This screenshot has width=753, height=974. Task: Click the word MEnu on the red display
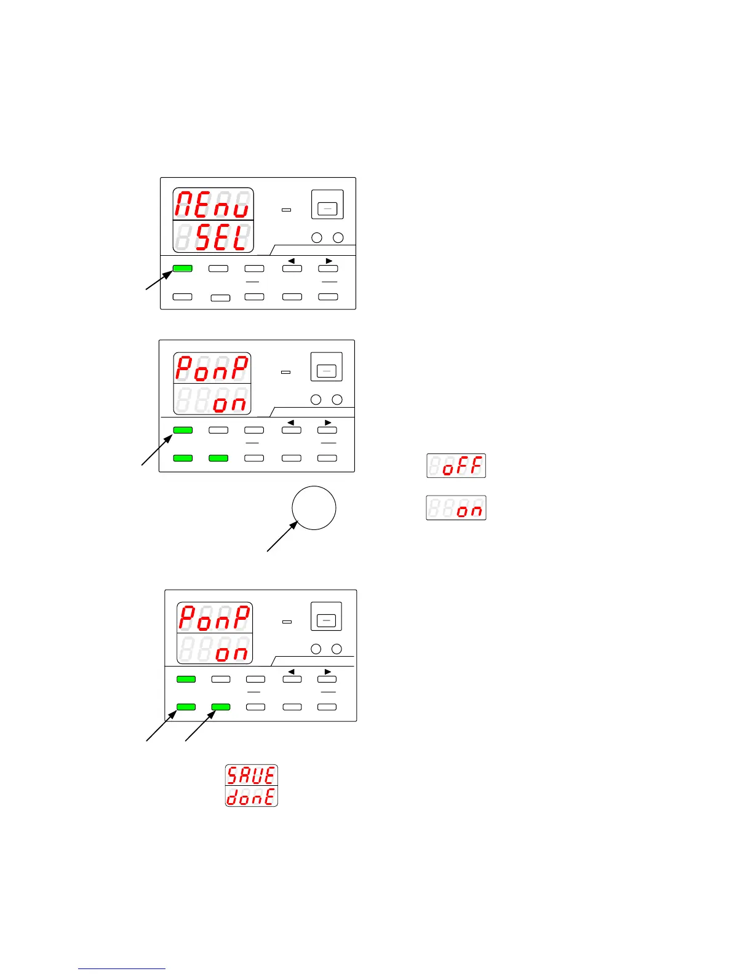coord(213,204)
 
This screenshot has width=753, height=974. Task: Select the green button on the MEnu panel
coord(182,269)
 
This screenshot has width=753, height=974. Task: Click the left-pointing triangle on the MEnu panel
coord(291,261)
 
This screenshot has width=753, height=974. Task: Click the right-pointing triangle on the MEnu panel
coord(329,261)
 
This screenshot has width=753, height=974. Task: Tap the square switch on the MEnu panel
coord(327,205)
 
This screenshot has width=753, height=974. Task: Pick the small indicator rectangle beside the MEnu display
coord(285,210)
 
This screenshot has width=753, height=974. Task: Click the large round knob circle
coord(314,508)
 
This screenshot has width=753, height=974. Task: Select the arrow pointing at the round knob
coord(282,537)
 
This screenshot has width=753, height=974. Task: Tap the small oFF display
coord(456,465)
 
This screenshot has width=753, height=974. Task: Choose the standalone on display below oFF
coord(456,508)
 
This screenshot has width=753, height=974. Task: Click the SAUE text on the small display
coord(251,775)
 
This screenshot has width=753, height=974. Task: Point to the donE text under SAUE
coord(251,797)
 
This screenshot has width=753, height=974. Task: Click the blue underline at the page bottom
coord(122,968)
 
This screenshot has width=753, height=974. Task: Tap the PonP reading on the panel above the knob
coord(212,368)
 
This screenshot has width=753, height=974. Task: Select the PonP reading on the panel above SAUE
coord(215,617)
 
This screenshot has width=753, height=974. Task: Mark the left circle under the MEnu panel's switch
coord(317,237)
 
